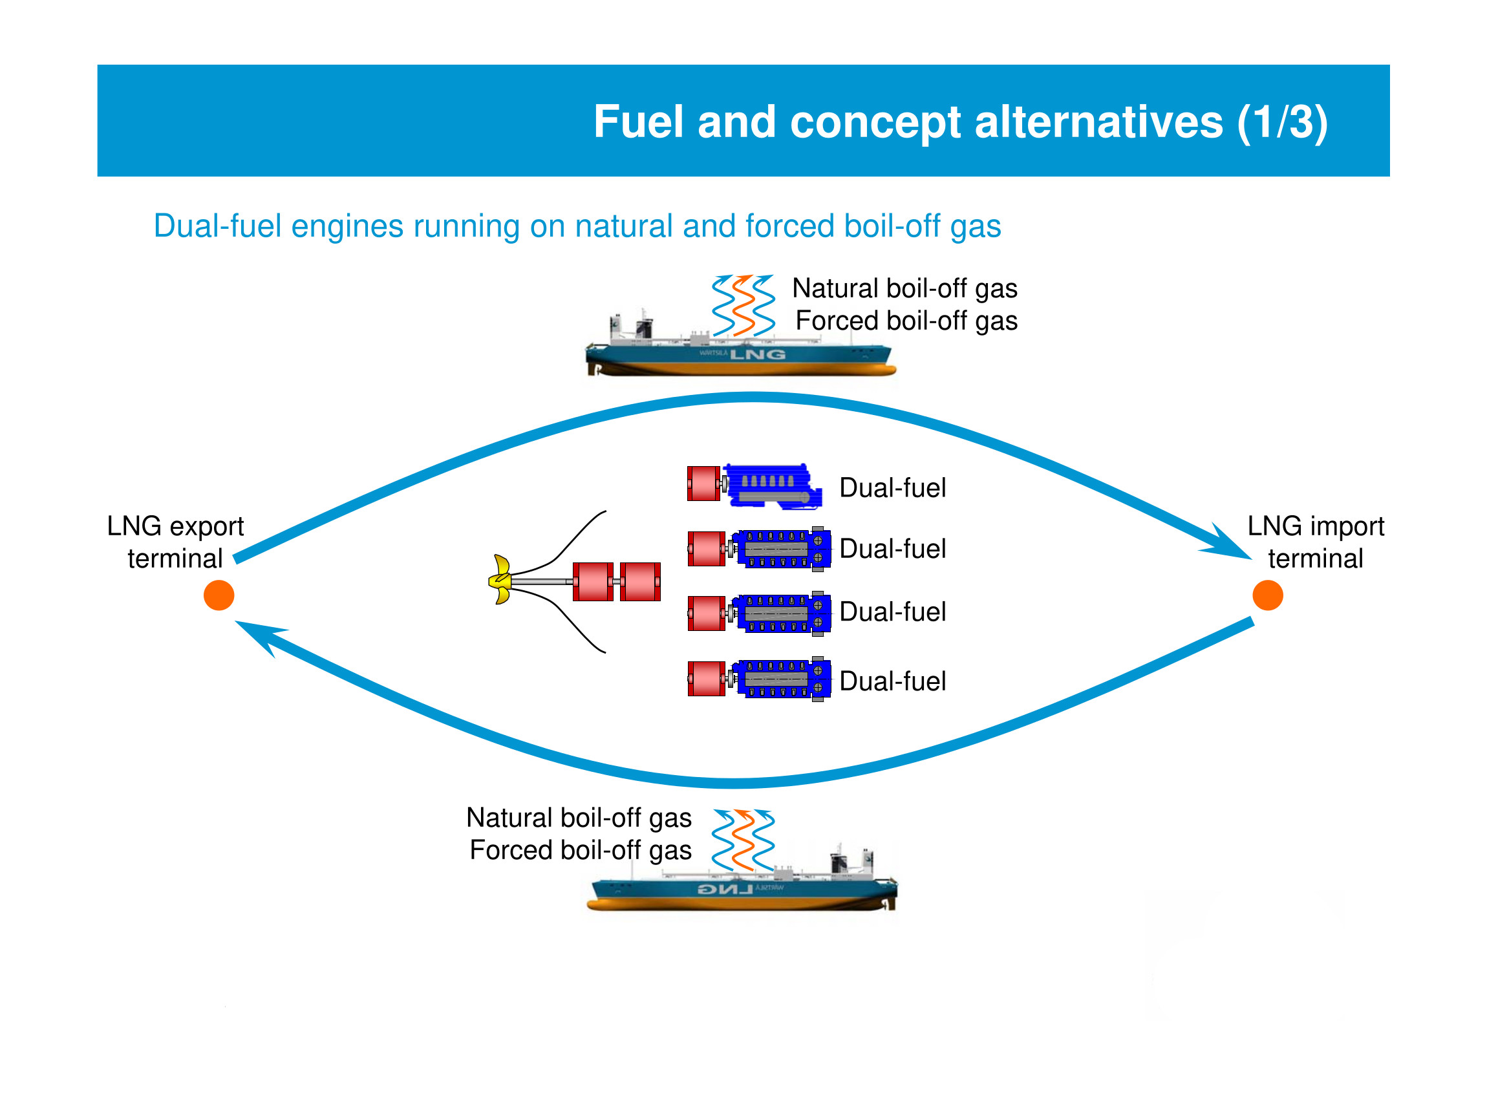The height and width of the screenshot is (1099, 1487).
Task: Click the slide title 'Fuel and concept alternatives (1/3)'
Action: [x=960, y=122]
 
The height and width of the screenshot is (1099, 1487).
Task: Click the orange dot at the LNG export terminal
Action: [x=219, y=595]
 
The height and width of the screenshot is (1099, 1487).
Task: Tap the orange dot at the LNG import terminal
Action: [x=1267, y=595]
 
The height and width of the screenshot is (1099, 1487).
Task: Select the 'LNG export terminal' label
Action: [x=175, y=542]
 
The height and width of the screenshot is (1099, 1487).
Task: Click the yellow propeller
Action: [x=501, y=580]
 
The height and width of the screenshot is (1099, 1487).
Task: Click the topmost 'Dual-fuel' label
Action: [x=892, y=488]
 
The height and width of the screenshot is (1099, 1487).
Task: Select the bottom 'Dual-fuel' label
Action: [x=892, y=681]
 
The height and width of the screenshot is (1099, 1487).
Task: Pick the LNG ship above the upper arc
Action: [x=740, y=352]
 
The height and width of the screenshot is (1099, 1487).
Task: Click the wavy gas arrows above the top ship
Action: [x=743, y=305]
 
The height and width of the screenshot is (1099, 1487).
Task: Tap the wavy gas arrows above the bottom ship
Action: [x=743, y=840]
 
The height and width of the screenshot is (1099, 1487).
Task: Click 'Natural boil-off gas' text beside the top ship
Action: [x=904, y=289]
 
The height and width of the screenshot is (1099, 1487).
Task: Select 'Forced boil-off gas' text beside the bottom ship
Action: [x=580, y=850]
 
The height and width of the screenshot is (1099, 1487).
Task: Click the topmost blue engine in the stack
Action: [x=772, y=485]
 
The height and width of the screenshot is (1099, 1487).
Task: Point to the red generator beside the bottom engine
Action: [x=706, y=679]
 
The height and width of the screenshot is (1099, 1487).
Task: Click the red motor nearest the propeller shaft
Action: [x=593, y=581]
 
